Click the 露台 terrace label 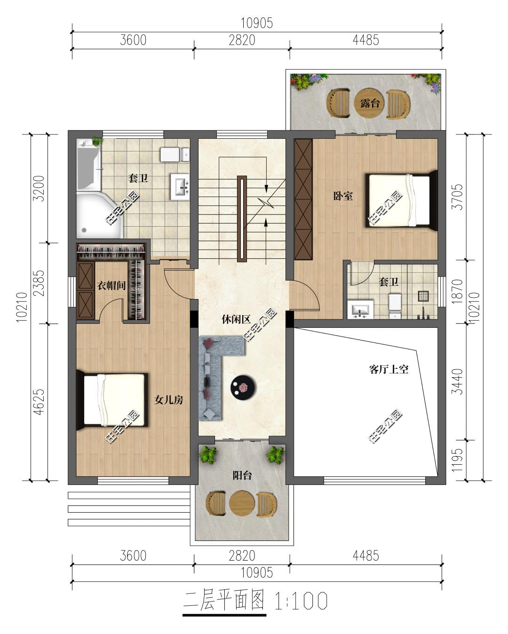pyautogui.click(x=370, y=103)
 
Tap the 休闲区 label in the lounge pyautogui.click(x=236, y=319)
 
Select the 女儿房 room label pyautogui.click(x=169, y=400)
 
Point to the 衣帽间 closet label pyautogui.click(x=111, y=285)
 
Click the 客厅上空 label pyautogui.click(x=389, y=369)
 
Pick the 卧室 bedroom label pyautogui.click(x=343, y=196)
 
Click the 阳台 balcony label pyautogui.click(x=242, y=475)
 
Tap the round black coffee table pyautogui.click(x=243, y=387)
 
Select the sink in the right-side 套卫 pyautogui.click(x=360, y=309)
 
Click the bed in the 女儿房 pyautogui.click(x=112, y=400)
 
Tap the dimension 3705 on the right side pyautogui.click(x=457, y=197)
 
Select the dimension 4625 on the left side pyautogui.click(x=39, y=402)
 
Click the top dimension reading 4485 pyautogui.click(x=365, y=40)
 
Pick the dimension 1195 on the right pyautogui.click(x=457, y=460)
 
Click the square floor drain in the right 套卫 pyautogui.click(x=423, y=296)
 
